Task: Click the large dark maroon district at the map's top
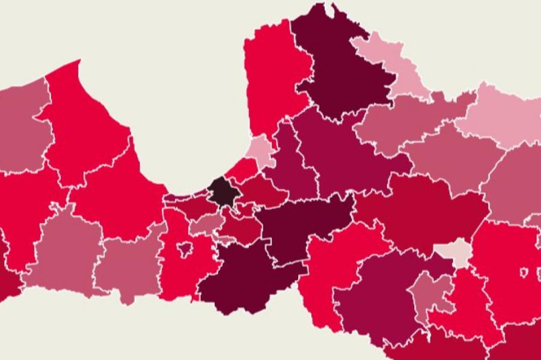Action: pos(341,66)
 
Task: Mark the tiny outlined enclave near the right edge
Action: pos(524,273)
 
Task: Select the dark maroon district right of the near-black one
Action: pos(301,225)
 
